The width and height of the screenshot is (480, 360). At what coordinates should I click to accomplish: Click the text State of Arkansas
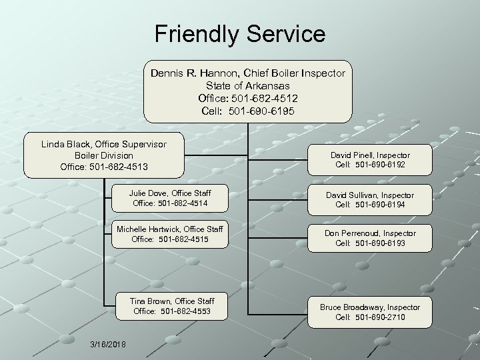point(247,85)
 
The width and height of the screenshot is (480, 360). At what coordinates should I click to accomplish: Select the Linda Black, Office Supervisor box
point(104,156)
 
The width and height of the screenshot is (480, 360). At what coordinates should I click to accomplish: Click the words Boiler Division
point(103,155)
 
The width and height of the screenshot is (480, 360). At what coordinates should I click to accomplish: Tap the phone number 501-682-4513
point(121,167)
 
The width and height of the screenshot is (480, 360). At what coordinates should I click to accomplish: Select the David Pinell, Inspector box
point(370,159)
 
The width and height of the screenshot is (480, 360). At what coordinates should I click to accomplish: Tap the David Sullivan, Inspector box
point(370,199)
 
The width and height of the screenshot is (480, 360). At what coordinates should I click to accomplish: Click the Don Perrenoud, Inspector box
point(370,238)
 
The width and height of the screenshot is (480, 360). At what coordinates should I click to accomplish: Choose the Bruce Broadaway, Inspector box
point(370,312)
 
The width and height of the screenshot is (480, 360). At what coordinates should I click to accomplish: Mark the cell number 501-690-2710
point(381,317)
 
